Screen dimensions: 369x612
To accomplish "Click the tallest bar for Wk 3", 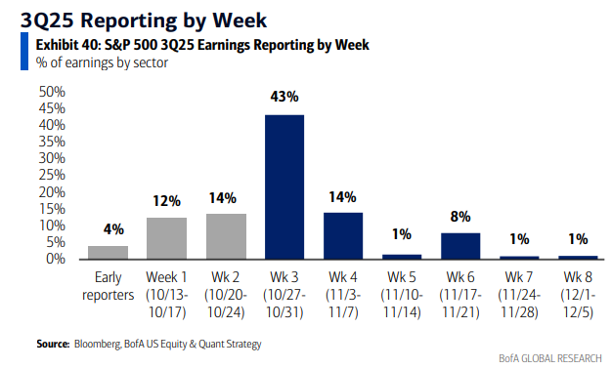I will [x=284, y=186].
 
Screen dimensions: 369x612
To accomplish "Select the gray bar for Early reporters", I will [x=108, y=252].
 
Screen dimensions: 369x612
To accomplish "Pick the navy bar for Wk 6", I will [x=460, y=246].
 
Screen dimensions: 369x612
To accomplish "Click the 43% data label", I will [x=284, y=99].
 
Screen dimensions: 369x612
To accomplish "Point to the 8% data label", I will [x=460, y=217].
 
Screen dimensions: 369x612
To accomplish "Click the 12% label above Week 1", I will [x=166, y=201].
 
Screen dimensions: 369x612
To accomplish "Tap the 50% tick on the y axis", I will [x=51, y=92].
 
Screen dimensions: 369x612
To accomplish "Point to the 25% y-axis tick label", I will [x=51, y=176].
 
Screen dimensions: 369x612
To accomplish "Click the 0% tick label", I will [x=55, y=260].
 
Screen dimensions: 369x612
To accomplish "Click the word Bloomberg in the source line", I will [x=99, y=344].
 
